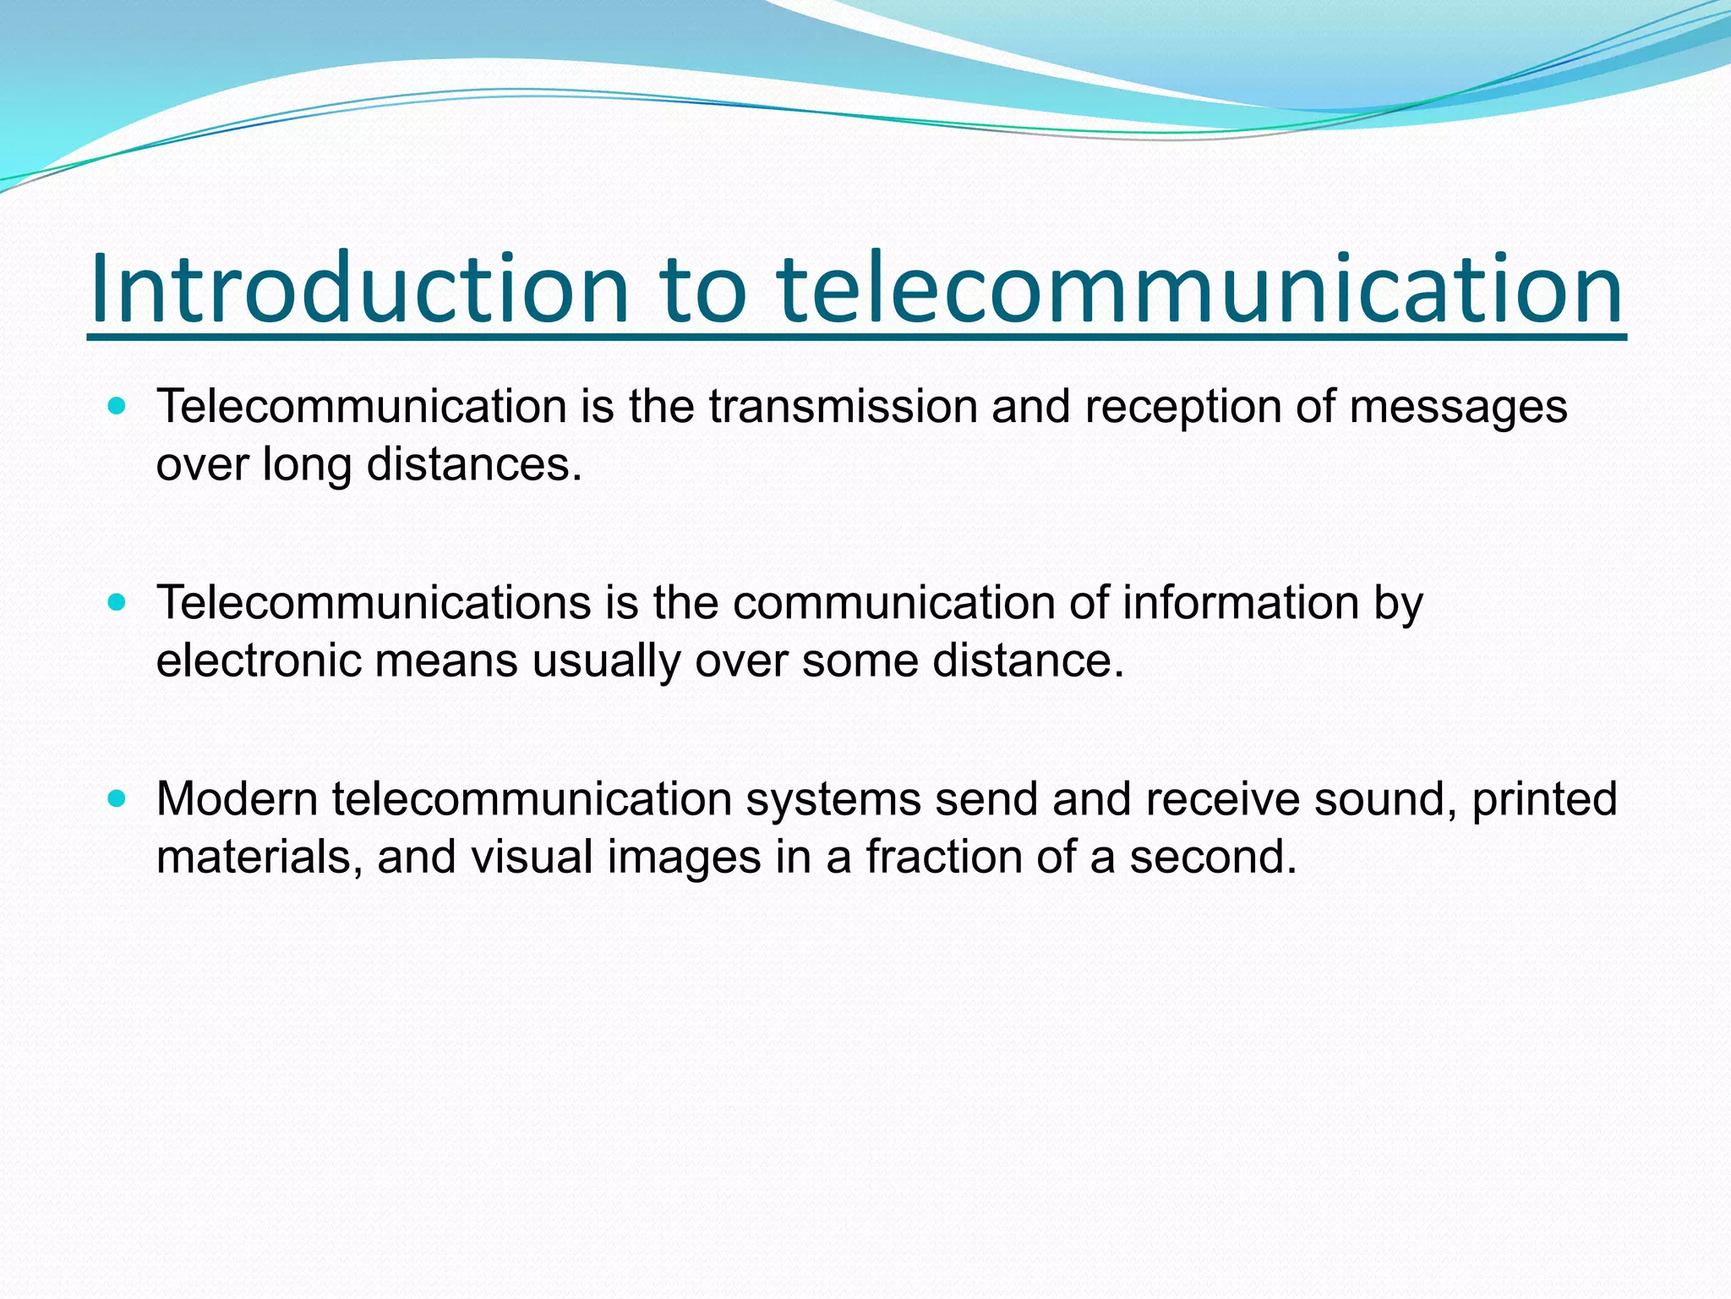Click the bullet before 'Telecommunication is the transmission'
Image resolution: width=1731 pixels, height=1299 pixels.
(x=117, y=406)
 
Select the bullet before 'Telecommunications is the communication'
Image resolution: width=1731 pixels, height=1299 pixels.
(x=117, y=602)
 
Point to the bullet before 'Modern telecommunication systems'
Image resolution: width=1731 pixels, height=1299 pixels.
(x=117, y=798)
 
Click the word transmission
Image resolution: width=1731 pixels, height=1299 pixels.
(x=843, y=407)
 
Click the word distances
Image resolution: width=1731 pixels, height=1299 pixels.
(x=474, y=464)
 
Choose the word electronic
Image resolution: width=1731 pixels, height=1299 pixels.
(x=259, y=660)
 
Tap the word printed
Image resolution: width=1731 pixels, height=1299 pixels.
(x=1544, y=800)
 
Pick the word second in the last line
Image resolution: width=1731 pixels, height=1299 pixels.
(x=1213, y=857)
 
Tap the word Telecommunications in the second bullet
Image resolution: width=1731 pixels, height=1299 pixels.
(x=374, y=603)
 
